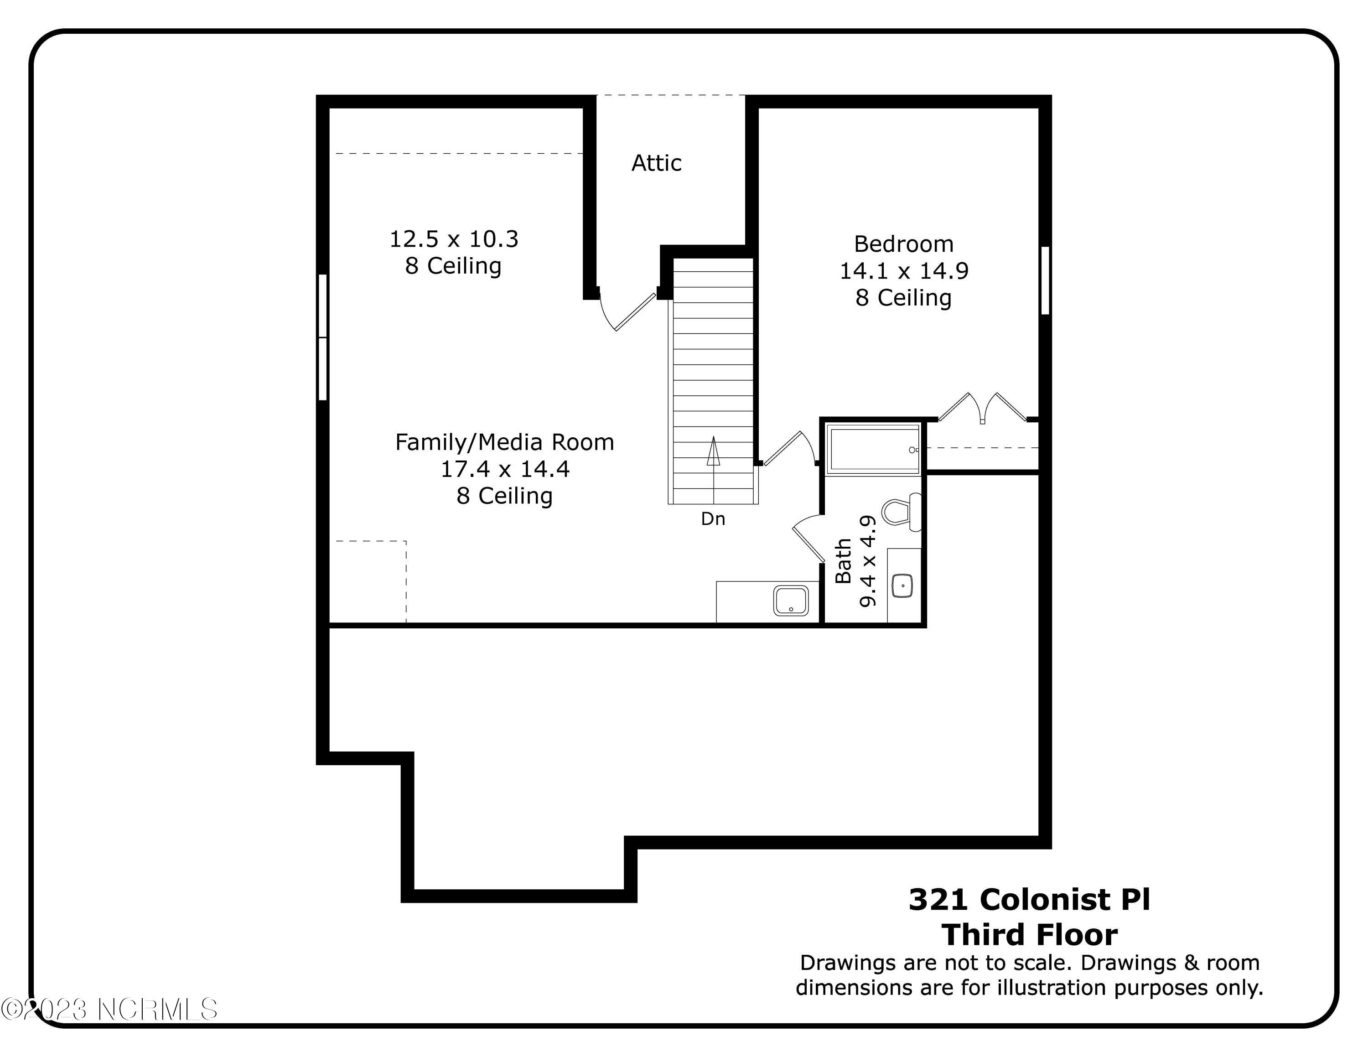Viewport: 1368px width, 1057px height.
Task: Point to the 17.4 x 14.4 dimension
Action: pyautogui.click(x=505, y=469)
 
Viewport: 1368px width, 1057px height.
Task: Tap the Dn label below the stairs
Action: pyautogui.click(x=713, y=518)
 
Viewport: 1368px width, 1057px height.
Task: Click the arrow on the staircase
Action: pyautogui.click(x=713, y=452)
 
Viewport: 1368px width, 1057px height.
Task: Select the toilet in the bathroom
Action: pyautogui.click(x=901, y=512)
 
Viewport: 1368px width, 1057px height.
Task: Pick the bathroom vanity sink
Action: pyautogui.click(x=902, y=585)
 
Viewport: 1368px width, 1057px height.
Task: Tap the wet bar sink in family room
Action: pyautogui.click(x=791, y=601)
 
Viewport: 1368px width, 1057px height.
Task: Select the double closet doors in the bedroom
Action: pyautogui.click(x=982, y=408)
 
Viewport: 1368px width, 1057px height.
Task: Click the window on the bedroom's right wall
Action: pyautogui.click(x=1045, y=280)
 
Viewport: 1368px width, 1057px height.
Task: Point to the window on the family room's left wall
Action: pyautogui.click(x=322, y=337)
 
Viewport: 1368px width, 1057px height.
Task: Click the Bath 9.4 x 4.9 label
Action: pyautogui.click(x=855, y=561)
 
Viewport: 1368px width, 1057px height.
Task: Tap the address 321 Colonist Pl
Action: pyautogui.click(x=1029, y=900)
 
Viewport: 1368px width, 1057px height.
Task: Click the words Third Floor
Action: pyautogui.click(x=1029, y=935)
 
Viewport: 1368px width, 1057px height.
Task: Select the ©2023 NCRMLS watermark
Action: pyautogui.click(x=109, y=1010)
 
